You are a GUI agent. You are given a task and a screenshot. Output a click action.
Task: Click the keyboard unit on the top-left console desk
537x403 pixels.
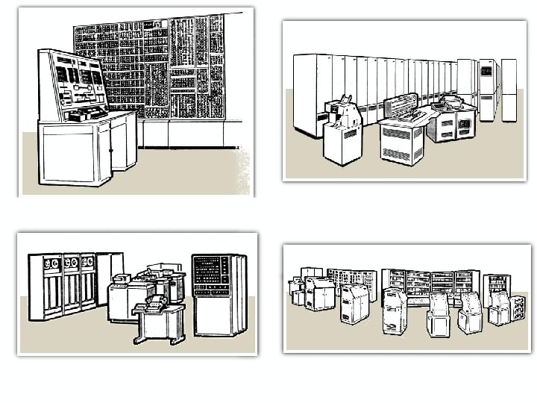(87, 113)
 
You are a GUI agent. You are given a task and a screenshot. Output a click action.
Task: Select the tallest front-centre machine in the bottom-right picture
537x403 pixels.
(394, 312)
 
